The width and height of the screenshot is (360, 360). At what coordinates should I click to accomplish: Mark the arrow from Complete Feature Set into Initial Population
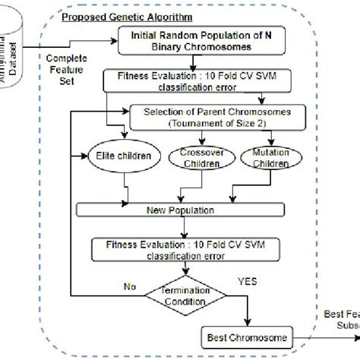(x=99, y=43)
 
